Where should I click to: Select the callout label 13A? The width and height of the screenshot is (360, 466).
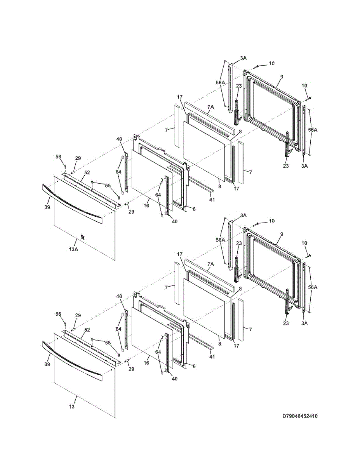pyautogui.click(x=73, y=249)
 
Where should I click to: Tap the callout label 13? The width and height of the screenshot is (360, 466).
pyautogui.click(x=71, y=407)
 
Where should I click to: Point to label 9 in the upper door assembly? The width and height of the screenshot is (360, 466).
pyautogui.click(x=282, y=77)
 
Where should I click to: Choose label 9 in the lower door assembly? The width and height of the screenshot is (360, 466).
pyautogui.click(x=282, y=234)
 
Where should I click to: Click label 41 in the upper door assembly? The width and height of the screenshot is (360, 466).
pyautogui.click(x=212, y=200)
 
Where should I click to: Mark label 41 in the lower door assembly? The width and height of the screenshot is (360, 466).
pyautogui.click(x=212, y=357)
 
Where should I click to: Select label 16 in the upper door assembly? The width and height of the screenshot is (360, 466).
pyautogui.click(x=146, y=205)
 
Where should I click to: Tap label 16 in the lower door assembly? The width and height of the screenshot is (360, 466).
pyautogui.click(x=146, y=363)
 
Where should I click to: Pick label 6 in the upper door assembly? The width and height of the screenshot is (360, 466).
pyautogui.click(x=194, y=209)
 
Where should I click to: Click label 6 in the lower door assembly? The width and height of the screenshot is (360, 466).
pyautogui.click(x=194, y=366)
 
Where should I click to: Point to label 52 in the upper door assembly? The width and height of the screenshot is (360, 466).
pyautogui.click(x=87, y=173)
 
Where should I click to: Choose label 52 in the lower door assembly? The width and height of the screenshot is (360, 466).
pyautogui.click(x=87, y=330)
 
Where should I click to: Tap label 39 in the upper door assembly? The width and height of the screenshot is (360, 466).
pyautogui.click(x=47, y=207)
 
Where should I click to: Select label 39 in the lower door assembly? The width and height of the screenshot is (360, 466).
pyautogui.click(x=47, y=364)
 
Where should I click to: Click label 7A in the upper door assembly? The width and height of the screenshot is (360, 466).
pyautogui.click(x=210, y=107)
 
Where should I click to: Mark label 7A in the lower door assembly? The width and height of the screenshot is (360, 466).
pyautogui.click(x=210, y=264)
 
